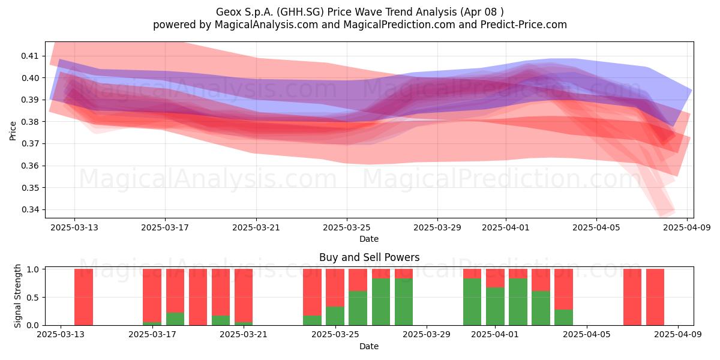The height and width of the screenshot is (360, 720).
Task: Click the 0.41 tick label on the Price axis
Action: [x=29, y=56]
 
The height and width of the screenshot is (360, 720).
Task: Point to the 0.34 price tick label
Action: [x=29, y=210]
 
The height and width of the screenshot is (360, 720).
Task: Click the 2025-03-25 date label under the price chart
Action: [x=347, y=227]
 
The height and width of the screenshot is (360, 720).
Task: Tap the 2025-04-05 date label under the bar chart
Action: [x=587, y=335]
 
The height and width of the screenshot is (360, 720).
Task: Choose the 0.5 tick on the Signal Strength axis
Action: [x=32, y=298]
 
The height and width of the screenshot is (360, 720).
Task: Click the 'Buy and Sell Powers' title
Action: [x=370, y=257]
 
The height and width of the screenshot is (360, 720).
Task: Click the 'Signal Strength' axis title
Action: [x=17, y=296]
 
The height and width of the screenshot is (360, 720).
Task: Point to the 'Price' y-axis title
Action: [x=13, y=131]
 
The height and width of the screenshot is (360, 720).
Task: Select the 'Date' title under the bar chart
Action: [x=369, y=346]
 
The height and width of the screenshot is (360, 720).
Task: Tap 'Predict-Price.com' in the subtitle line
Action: [x=524, y=25]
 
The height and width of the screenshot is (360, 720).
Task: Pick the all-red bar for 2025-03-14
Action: [x=83, y=298]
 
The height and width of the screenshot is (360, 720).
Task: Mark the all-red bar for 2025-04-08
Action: [x=655, y=298]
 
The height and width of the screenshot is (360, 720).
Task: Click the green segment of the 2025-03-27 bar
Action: [x=381, y=302]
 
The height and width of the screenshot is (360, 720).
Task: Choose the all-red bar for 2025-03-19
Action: [x=198, y=298]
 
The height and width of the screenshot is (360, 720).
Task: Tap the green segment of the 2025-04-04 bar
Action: [x=564, y=317]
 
